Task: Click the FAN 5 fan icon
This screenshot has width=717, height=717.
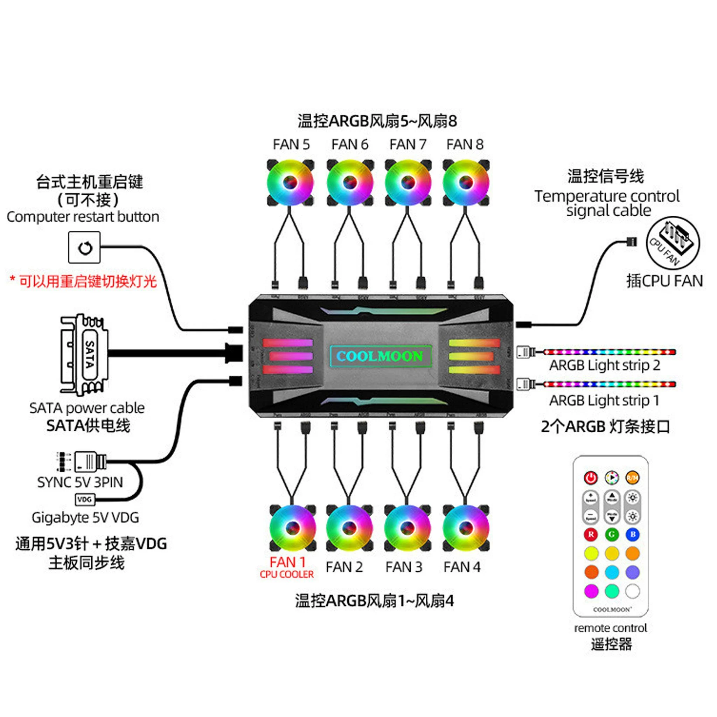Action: (x=291, y=183)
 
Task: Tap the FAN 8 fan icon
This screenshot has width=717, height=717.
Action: (x=466, y=183)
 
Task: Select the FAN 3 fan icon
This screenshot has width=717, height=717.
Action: (x=407, y=527)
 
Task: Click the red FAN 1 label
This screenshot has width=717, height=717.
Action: (x=288, y=562)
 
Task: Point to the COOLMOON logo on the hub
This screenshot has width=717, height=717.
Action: (x=380, y=356)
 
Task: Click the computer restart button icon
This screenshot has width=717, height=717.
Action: (x=84, y=248)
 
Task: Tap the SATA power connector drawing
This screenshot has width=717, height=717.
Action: (x=85, y=354)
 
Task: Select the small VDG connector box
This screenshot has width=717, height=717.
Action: (x=85, y=500)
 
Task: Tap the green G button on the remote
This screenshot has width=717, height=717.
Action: (x=612, y=534)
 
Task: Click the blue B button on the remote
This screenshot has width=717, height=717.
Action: (x=633, y=534)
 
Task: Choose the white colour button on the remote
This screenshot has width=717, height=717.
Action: (x=633, y=591)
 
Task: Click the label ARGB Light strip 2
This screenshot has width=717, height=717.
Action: (x=605, y=365)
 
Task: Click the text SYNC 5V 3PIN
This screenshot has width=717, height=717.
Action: (x=80, y=482)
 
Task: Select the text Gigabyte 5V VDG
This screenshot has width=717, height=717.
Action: (x=85, y=517)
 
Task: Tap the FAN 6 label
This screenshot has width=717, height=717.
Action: (x=350, y=144)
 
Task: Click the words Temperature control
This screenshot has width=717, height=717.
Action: (x=607, y=196)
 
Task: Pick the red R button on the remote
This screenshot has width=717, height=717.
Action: (x=591, y=534)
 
